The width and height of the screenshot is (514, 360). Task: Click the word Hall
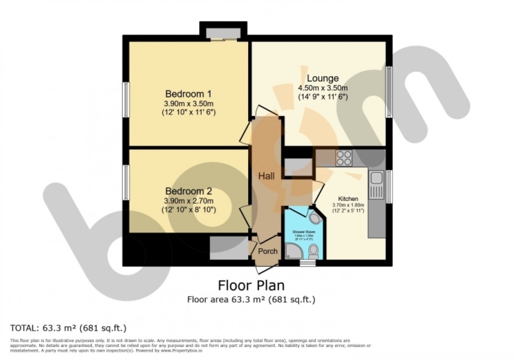coord(266,177)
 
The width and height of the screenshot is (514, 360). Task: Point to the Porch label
coord(268,251)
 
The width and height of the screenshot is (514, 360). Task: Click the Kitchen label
coord(348,199)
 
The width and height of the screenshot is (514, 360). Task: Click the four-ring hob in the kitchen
coord(345,157)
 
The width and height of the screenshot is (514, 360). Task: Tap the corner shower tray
coord(292,251)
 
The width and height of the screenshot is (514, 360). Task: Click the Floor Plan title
coord(251,286)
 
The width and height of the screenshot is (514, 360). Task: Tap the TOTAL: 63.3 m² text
coord(68,329)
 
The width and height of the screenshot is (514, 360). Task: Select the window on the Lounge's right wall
coord(389,84)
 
